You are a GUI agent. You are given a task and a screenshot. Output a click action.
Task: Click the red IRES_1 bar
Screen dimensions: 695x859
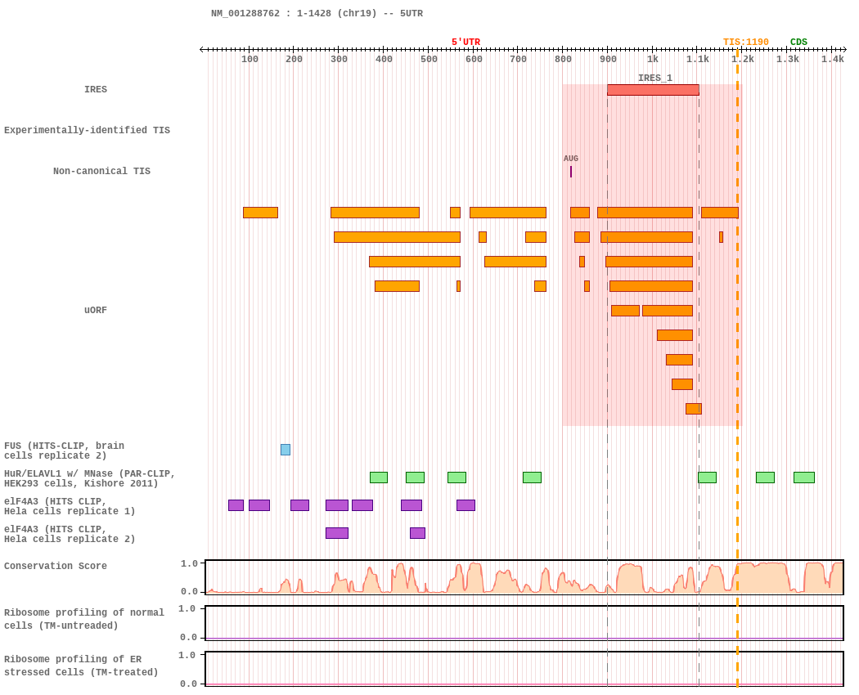(x=653, y=90)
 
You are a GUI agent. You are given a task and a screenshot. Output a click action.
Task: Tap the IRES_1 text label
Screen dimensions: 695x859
(x=655, y=78)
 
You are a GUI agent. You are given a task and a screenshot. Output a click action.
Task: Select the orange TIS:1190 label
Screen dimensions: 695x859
(x=745, y=43)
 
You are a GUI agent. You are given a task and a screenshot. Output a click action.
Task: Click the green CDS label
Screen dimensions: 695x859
(x=798, y=43)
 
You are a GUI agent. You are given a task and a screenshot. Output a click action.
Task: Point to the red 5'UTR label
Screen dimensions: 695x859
(x=465, y=43)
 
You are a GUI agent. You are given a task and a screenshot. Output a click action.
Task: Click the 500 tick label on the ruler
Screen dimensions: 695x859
(x=429, y=59)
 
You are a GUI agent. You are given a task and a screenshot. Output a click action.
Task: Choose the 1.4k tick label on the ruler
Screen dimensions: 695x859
(x=832, y=59)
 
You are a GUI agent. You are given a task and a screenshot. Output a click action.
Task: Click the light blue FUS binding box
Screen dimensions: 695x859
(x=286, y=450)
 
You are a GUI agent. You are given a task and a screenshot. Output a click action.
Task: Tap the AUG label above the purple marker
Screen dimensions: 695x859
(x=571, y=159)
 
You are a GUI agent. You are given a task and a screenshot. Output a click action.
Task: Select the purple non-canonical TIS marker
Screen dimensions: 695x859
(x=571, y=172)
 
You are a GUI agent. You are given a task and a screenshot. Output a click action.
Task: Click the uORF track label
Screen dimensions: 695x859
(x=96, y=311)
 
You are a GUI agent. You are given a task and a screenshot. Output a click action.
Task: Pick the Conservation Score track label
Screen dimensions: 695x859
(x=56, y=567)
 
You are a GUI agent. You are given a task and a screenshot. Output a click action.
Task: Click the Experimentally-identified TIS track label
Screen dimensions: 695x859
(x=87, y=131)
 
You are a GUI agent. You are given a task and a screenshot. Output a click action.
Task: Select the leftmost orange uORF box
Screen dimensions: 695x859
(x=260, y=213)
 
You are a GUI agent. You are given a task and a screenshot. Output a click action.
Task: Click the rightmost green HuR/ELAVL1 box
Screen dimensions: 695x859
(x=803, y=478)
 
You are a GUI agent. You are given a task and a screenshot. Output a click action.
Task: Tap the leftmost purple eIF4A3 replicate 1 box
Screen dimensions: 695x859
(x=236, y=505)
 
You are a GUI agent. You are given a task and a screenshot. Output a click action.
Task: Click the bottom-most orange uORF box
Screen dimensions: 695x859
(x=693, y=409)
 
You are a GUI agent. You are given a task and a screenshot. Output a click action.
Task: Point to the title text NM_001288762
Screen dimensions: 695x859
(x=245, y=14)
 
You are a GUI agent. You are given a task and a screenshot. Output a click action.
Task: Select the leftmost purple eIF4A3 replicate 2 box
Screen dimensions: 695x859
(x=336, y=533)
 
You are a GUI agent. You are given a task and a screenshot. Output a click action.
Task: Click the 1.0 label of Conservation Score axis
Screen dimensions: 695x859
(x=189, y=563)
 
